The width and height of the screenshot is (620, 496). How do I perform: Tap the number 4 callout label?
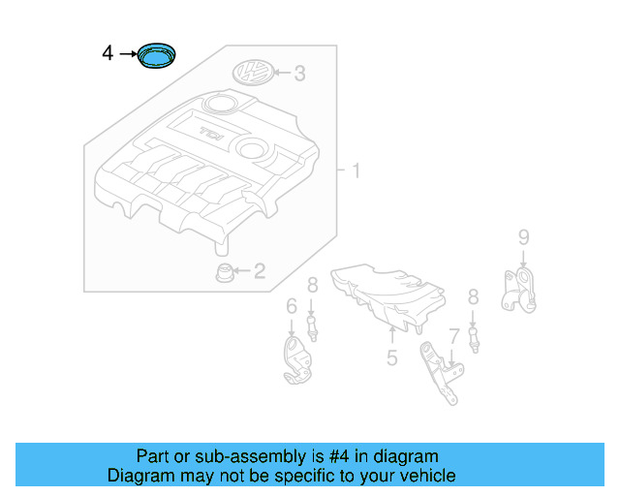pos(108,53)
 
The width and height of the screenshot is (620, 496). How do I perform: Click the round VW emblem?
pos(254,72)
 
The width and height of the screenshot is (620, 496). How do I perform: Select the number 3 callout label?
pos(300,73)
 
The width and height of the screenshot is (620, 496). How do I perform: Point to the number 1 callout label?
pos(356,172)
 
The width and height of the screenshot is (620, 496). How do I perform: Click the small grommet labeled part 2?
pos(223,272)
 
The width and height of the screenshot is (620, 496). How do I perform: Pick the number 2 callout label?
pos(259,271)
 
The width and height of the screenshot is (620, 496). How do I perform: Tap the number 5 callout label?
pos(392,358)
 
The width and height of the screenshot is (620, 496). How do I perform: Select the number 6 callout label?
pos(291,307)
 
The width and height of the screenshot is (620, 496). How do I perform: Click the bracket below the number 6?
pos(295,359)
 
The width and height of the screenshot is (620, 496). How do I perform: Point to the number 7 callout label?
pos(453,336)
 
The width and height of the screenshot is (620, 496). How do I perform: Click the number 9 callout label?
pos(523,237)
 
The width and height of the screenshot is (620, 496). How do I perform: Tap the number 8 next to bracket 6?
pos(313,285)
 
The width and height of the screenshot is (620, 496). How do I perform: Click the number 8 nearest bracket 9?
pos(473,296)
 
